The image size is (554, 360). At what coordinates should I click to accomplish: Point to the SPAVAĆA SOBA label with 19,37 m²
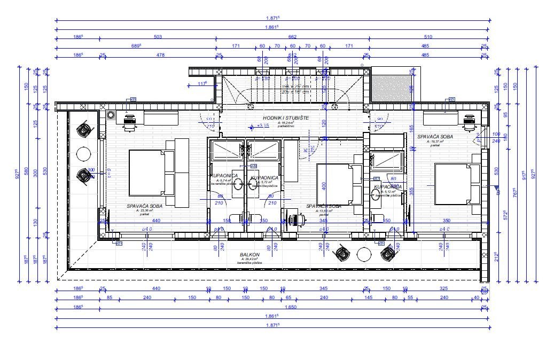point(435,137)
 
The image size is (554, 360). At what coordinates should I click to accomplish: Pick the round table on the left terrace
point(83,154)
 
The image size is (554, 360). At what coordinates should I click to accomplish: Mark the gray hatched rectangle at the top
point(391,86)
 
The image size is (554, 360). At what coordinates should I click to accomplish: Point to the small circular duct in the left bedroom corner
point(111,115)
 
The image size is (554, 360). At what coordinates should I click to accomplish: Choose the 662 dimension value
point(292,37)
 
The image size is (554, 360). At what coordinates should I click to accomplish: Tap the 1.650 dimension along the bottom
point(292,308)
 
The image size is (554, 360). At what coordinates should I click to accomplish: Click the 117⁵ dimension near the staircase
point(202,84)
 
